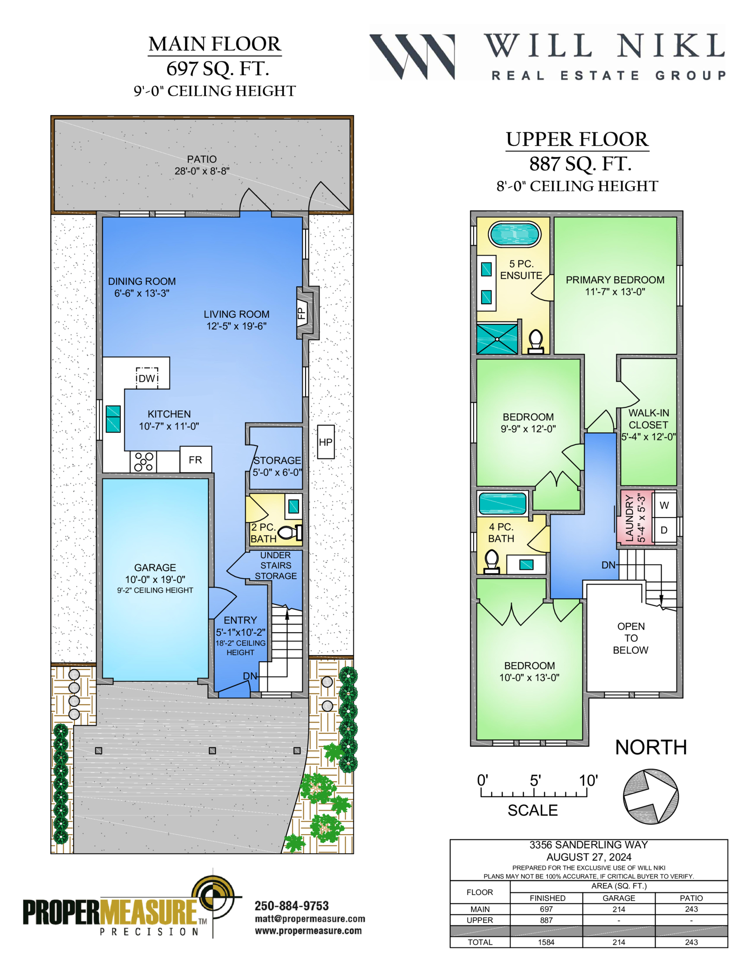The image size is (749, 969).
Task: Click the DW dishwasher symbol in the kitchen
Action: (x=147, y=378)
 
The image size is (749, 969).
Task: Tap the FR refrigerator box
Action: (x=196, y=459)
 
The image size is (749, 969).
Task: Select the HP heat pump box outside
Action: (x=326, y=442)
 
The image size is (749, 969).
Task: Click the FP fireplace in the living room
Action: (x=302, y=313)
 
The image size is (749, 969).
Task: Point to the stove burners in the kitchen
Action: (x=144, y=461)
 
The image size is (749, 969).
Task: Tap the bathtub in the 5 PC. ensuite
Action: (x=514, y=233)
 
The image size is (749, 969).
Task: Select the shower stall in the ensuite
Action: (x=497, y=339)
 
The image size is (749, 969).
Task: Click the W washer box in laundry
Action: (x=664, y=505)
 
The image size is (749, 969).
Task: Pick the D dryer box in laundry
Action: (x=664, y=530)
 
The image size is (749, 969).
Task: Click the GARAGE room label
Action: (x=155, y=567)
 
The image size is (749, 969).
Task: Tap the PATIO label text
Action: (x=202, y=159)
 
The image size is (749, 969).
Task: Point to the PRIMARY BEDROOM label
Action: (x=615, y=280)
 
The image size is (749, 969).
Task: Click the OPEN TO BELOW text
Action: (x=631, y=638)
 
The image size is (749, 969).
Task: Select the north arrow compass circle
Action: (x=651, y=796)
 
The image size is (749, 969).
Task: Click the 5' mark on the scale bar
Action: (x=535, y=780)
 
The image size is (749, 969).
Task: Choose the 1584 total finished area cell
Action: (x=546, y=942)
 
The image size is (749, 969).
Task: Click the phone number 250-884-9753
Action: (x=292, y=906)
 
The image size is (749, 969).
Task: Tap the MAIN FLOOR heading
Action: (x=215, y=44)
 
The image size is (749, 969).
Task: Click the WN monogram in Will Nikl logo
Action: (x=412, y=56)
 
